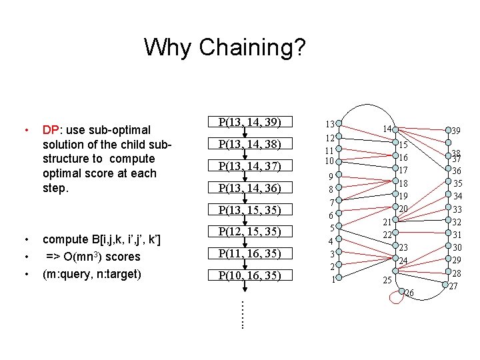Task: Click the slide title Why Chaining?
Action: pos(225,47)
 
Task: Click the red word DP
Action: pos(51,129)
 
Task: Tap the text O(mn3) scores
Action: pos(102,257)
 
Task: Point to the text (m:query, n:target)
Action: pos(96,273)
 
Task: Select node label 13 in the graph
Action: pos(329,124)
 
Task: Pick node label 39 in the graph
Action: pos(457,131)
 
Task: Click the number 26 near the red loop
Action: pos(409,293)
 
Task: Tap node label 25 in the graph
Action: pos(387,280)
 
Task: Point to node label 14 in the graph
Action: pos(387,128)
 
